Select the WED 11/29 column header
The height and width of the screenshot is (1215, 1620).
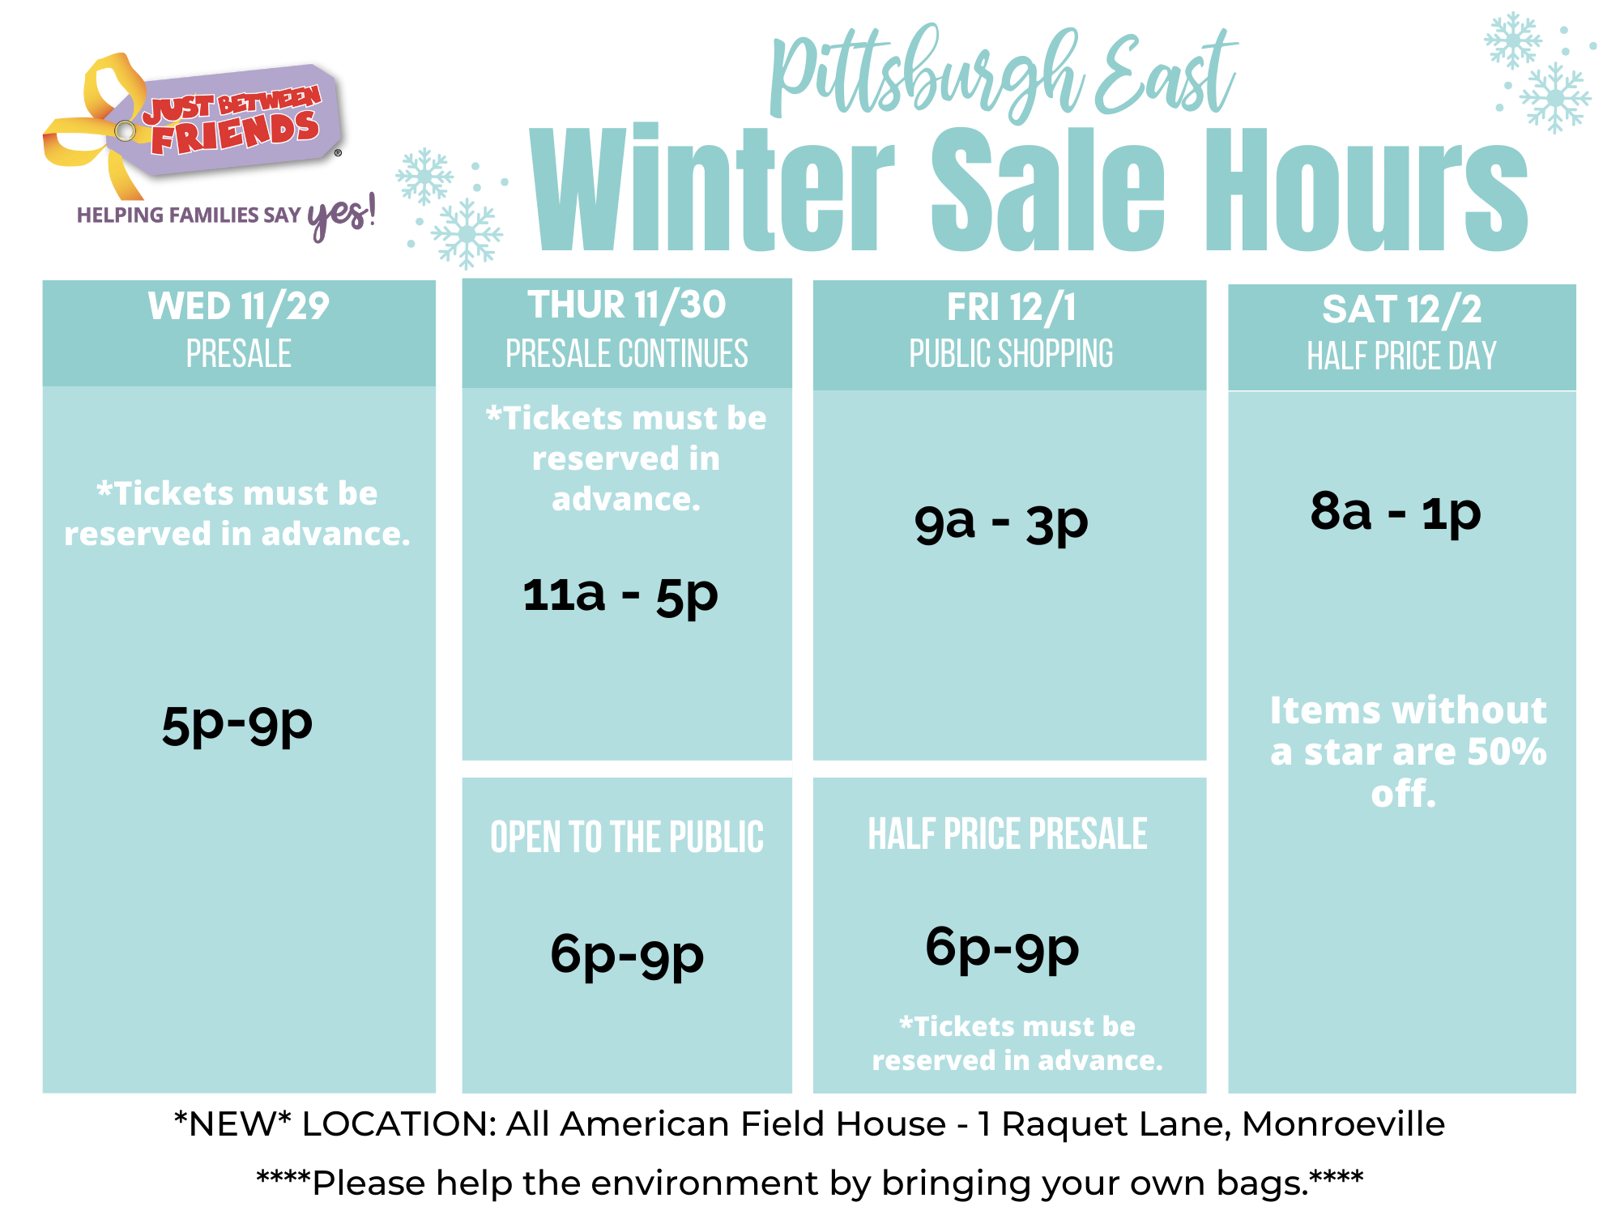point(239,307)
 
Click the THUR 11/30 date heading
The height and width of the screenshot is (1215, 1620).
point(627,305)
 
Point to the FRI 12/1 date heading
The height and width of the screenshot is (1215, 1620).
point(1012,308)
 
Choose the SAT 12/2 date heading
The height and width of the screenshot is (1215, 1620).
point(1402,309)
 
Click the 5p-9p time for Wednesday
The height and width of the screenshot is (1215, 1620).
point(237,724)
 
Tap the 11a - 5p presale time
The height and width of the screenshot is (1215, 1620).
point(620,596)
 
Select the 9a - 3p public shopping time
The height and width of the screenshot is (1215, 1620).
point(1001,522)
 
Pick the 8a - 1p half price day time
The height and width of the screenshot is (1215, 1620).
point(1396,512)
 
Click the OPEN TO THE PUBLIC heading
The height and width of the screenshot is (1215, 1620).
point(627,838)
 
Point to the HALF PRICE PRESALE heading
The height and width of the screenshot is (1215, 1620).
point(1008,834)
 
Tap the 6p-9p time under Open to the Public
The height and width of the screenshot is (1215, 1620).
point(627,955)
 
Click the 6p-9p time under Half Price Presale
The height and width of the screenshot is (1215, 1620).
point(1003,949)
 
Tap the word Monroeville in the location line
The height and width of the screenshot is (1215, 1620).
point(1343,1124)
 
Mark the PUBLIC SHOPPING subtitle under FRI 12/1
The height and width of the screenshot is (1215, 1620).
point(1011,354)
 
